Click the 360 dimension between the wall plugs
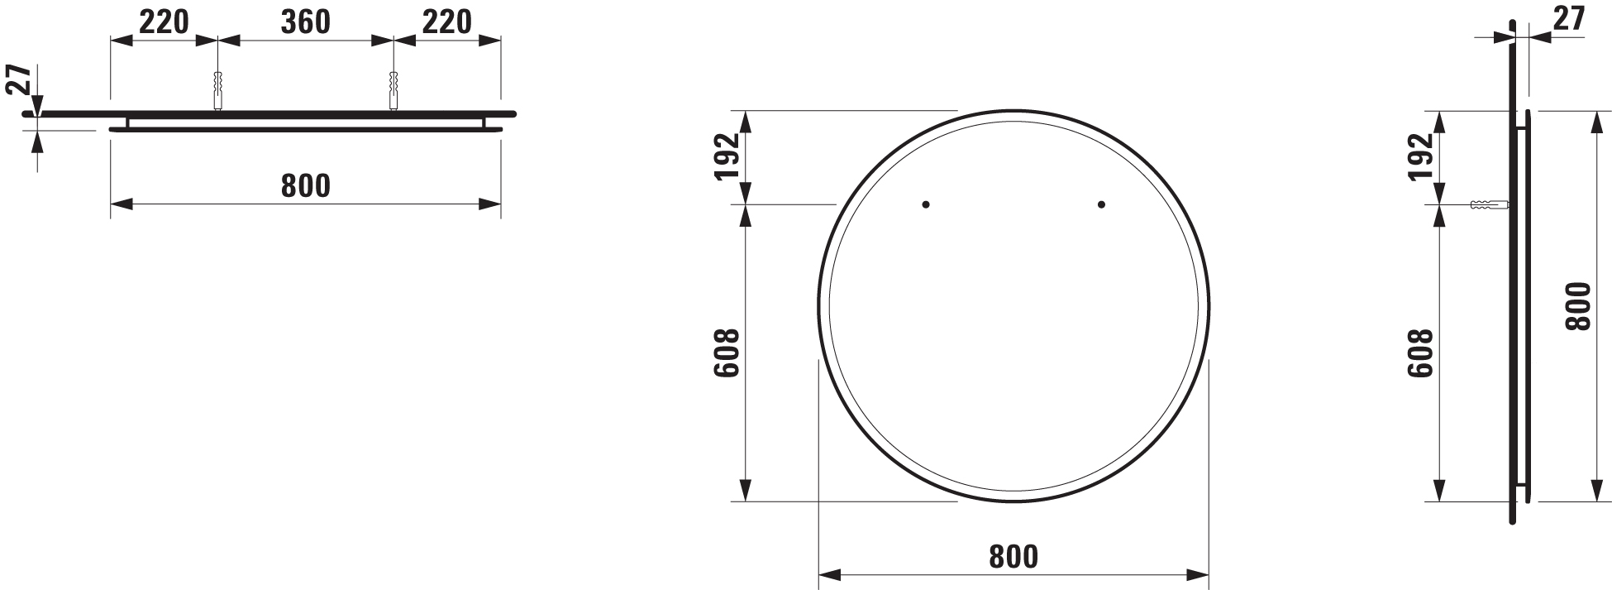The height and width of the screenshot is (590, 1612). [x=305, y=22]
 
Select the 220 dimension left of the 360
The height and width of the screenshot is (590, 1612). [x=164, y=22]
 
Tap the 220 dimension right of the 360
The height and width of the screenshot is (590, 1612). [x=447, y=22]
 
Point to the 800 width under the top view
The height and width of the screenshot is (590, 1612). [x=305, y=186]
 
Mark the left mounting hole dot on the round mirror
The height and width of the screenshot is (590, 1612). [x=926, y=204]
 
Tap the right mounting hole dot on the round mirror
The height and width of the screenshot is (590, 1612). [x=1101, y=204]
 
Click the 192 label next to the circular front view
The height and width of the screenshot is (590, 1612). [x=725, y=156]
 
